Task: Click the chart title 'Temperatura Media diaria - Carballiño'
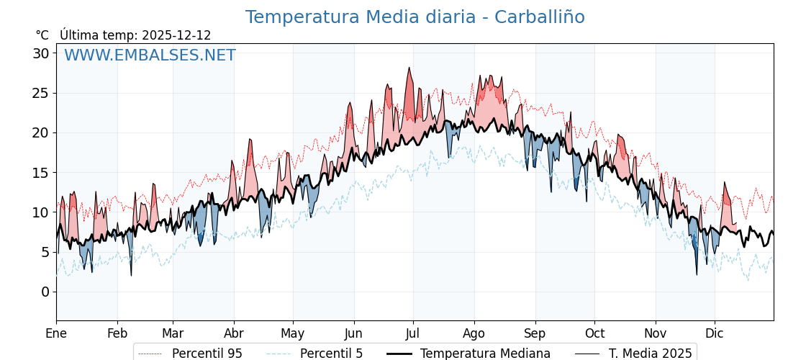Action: tap(415, 17)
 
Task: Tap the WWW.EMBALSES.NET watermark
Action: tap(150, 55)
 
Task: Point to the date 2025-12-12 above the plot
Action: tap(176, 35)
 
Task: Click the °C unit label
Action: tap(42, 35)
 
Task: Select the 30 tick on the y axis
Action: tap(40, 53)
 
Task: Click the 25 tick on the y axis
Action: tap(40, 93)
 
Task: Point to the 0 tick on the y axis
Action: tap(45, 292)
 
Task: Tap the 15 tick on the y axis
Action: tap(40, 173)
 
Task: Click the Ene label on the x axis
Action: tap(56, 333)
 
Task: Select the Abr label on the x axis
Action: tap(234, 333)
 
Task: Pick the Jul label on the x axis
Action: tap(413, 333)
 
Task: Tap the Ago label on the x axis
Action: tap(474, 333)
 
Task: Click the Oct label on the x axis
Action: tap(594, 333)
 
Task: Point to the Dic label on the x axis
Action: tap(715, 333)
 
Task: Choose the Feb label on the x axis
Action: tap(117, 333)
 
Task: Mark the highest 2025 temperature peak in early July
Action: tap(409, 68)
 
